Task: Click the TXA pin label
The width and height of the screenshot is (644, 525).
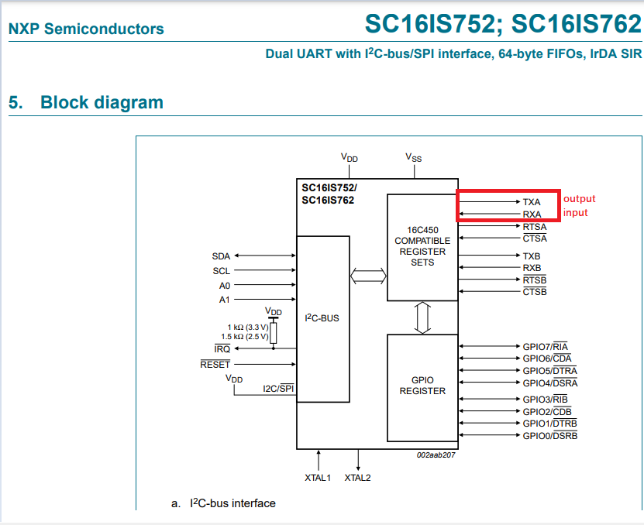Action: (532, 201)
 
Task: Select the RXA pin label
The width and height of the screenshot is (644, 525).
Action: (532, 214)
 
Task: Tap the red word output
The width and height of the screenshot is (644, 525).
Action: (580, 199)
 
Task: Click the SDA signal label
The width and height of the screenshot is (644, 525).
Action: (221, 256)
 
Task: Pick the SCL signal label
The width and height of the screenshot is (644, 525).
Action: (221, 271)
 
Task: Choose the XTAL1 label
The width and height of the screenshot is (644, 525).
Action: (318, 478)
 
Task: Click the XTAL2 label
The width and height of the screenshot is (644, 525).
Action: (357, 478)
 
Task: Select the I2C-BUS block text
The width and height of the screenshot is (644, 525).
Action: (322, 317)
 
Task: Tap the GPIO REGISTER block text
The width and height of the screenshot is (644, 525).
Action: (422, 386)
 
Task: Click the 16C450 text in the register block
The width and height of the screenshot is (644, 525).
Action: (422, 230)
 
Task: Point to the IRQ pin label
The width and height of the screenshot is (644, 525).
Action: (222, 349)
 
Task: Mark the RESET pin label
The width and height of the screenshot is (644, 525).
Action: (215, 364)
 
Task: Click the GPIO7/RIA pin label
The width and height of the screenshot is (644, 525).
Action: (546, 346)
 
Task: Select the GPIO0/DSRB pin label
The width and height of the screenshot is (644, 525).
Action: (549, 436)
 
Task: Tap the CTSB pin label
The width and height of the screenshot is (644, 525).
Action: (535, 292)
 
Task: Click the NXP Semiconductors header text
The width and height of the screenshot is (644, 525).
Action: (86, 29)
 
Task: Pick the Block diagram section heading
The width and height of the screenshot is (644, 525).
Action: (102, 102)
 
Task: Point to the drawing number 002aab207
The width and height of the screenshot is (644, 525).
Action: (435, 455)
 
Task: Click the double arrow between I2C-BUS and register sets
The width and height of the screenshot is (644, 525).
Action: (368, 275)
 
